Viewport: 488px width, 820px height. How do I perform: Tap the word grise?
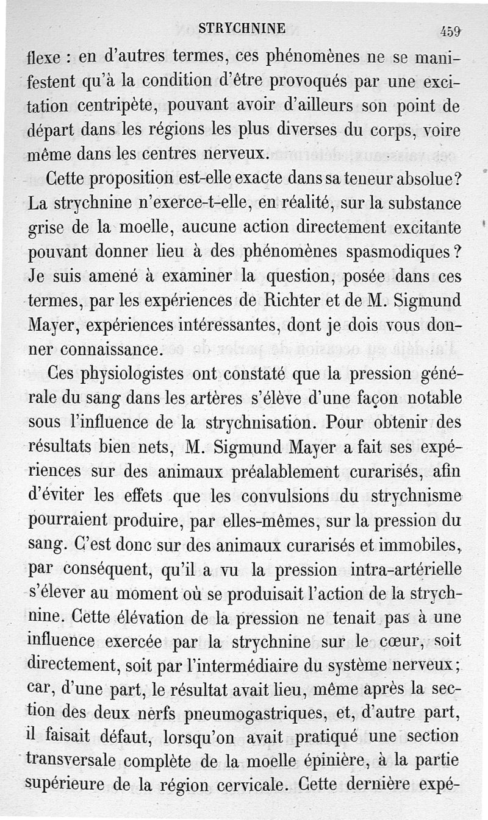pyautogui.click(x=48, y=228)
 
